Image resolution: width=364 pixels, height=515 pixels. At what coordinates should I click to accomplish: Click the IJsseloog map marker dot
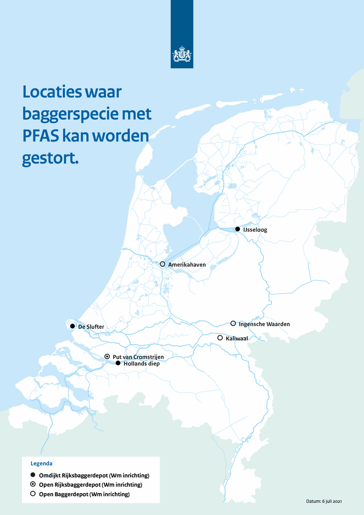coord(237,229)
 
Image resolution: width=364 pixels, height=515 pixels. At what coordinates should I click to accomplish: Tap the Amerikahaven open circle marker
coord(162,264)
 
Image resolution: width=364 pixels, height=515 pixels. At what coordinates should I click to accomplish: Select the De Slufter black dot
coord(72,326)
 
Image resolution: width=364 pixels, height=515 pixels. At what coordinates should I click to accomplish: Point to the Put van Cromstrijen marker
coord(107,357)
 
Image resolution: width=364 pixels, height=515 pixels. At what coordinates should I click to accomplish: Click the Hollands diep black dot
coord(118,363)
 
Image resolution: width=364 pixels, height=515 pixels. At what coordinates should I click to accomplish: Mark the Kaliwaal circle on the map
coord(220,338)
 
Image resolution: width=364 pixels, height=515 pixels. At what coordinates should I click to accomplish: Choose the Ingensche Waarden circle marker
coord(233,323)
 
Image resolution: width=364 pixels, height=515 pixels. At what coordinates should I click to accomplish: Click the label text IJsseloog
coord(255,229)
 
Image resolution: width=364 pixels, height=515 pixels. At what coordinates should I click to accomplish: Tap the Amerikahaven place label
coord(187,265)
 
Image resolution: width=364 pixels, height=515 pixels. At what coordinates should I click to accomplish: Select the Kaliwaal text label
coord(237,338)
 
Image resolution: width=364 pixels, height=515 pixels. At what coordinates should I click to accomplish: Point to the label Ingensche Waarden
coord(264,324)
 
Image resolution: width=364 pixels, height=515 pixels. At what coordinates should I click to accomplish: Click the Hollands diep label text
coord(142,363)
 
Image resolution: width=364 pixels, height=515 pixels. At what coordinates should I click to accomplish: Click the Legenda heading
coord(41,463)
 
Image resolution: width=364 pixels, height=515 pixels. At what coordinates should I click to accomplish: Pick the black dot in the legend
coord(33,475)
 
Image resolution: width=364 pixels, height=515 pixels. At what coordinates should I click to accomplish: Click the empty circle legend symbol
coord(33,494)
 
